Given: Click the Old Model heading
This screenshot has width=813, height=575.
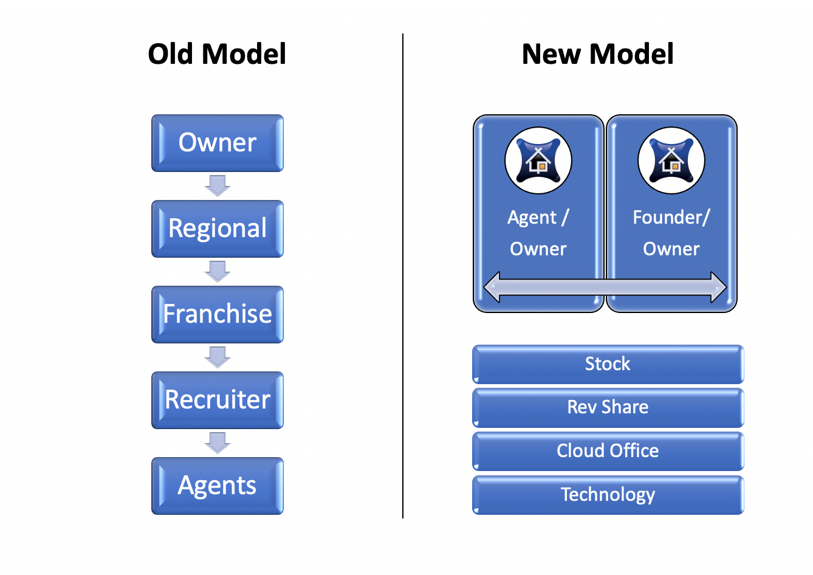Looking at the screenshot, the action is click(x=217, y=54).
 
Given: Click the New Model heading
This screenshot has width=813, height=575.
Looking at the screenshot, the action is click(x=597, y=54).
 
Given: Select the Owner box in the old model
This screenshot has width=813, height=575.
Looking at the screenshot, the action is click(x=218, y=143).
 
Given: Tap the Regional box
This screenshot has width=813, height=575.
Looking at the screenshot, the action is click(x=218, y=229).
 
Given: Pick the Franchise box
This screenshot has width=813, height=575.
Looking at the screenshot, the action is click(x=218, y=314).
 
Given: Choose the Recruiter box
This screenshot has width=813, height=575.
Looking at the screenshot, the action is click(x=218, y=400).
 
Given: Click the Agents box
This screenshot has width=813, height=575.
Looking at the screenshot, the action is click(x=218, y=486).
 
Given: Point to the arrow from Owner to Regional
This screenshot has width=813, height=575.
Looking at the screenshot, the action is click(x=218, y=186).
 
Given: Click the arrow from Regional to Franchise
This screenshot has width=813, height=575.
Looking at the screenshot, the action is click(x=218, y=272).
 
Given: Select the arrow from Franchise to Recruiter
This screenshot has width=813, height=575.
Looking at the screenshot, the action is click(x=218, y=357).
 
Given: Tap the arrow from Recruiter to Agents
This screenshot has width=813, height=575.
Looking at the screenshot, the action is click(x=218, y=443).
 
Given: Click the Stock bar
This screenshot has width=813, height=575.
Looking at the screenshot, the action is click(x=608, y=364).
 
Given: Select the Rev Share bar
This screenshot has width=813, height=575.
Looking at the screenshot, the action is click(x=608, y=408).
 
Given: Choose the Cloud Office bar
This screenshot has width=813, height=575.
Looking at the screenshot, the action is click(x=608, y=451).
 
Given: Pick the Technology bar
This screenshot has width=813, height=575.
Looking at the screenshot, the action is click(x=608, y=495).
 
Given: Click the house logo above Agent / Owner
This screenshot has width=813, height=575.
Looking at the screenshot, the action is click(x=538, y=160).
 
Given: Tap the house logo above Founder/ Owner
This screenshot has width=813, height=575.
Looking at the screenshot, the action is click(x=671, y=160).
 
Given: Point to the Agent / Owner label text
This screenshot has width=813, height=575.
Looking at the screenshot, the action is click(x=538, y=233).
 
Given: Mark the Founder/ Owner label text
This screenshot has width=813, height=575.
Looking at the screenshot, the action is click(x=671, y=233).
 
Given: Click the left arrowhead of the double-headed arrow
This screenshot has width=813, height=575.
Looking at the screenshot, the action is click(x=492, y=287).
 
